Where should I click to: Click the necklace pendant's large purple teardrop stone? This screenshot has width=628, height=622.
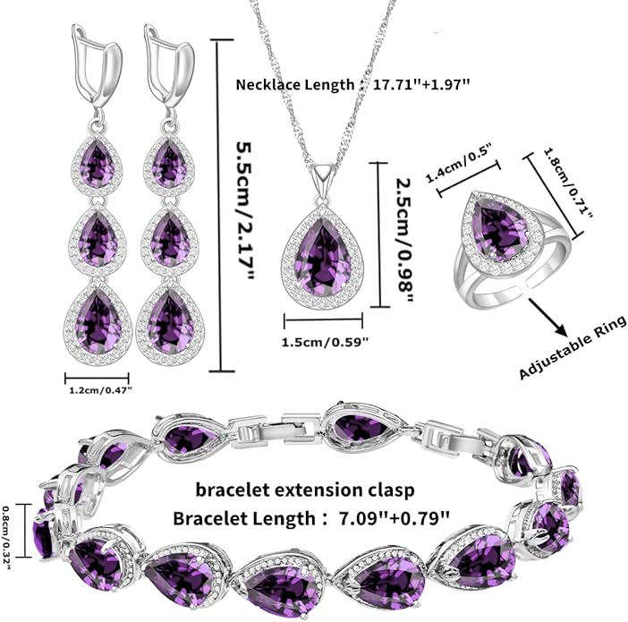323,257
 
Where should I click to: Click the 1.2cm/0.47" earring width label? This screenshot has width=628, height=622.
100,390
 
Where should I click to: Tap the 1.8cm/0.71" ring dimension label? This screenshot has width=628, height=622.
567,183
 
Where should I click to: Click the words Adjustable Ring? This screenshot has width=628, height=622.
573,347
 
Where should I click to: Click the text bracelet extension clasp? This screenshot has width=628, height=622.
305,490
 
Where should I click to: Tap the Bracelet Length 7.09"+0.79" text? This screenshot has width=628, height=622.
310,518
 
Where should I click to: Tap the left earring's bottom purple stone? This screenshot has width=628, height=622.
98,322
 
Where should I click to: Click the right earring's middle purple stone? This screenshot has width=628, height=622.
171,240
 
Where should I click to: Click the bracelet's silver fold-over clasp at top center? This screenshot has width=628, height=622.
276,430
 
